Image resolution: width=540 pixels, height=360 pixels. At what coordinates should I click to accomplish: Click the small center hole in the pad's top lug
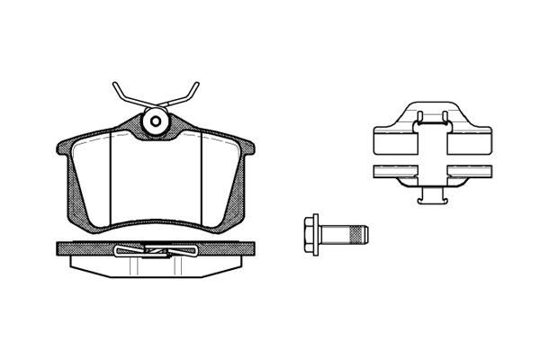(x=155, y=121)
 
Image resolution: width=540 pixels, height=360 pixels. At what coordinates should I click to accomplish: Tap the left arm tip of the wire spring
(x=115, y=85)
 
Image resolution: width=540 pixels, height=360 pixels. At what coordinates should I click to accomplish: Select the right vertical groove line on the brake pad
(x=200, y=180)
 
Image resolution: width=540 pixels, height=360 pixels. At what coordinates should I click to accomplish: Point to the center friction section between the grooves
(x=155, y=180)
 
